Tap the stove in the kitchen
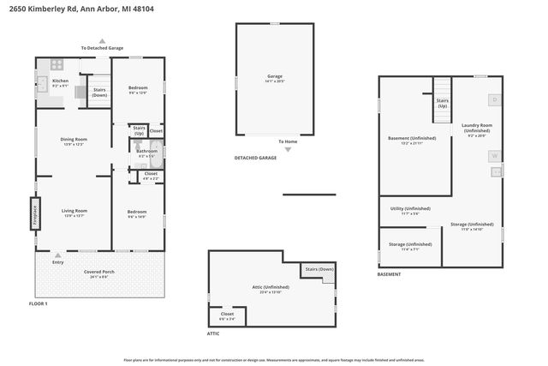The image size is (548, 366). click(57, 63)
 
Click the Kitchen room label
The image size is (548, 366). click(60, 82)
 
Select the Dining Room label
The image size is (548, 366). click(74, 141)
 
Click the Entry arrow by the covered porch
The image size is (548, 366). click(58, 256)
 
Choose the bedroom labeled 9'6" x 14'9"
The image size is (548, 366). click(138, 213)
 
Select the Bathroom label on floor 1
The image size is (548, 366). click(146, 153)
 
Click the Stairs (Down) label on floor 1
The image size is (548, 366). click(98, 92)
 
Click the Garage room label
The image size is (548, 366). click(274, 78)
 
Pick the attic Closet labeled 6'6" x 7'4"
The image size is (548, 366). click(227, 315)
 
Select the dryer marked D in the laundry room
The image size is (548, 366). click(495, 100)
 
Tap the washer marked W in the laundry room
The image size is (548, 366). click(494, 155)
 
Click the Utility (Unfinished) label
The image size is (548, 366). click(409, 210)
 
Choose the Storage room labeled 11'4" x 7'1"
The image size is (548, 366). click(409, 246)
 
